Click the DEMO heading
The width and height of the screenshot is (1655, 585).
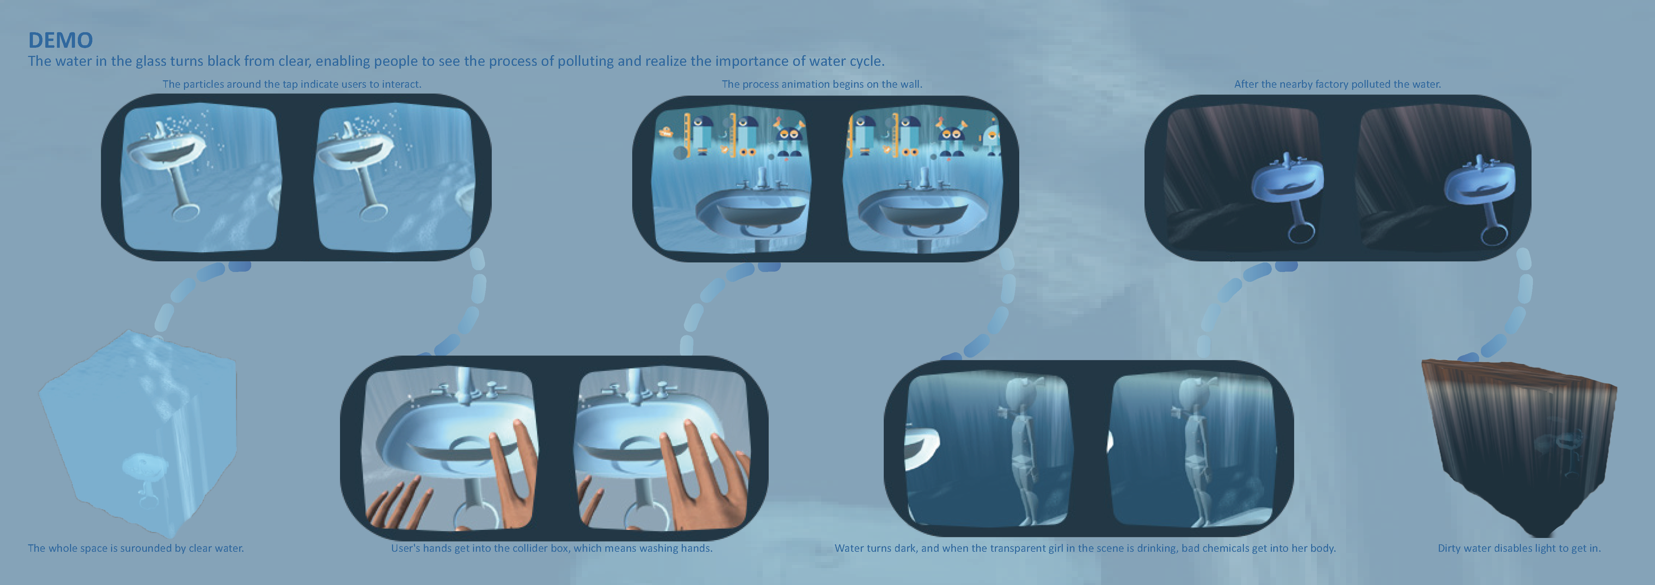click(x=60, y=40)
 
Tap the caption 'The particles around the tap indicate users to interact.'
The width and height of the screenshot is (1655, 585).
click(x=292, y=84)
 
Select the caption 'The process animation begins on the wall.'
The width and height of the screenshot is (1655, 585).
click(x=822, y=84)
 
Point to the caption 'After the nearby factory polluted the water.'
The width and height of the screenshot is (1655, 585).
click(x=1337, y=84)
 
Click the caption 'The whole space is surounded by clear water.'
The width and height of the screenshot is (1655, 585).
click(x=135, y=549)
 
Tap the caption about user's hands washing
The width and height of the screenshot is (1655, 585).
click(x=551, y=549)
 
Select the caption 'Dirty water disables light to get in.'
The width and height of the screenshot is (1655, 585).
click(x=1519, y=549)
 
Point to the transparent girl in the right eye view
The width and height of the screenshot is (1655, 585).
click(x=1196, y=450)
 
